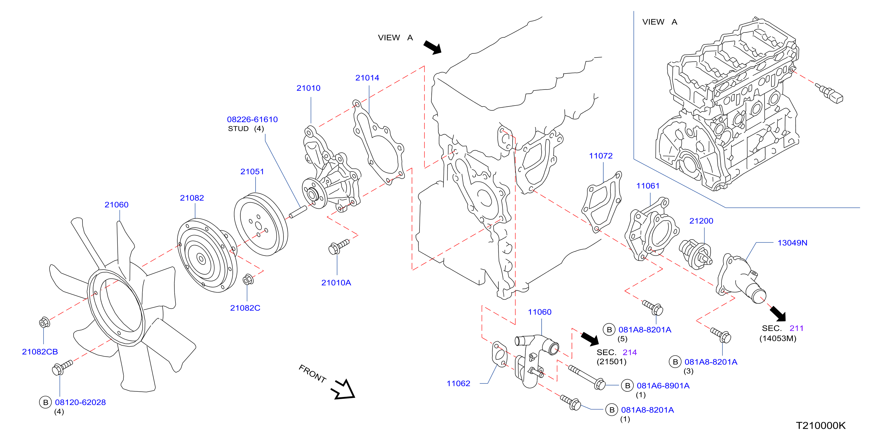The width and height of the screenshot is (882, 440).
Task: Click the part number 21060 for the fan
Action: tap(117, 205)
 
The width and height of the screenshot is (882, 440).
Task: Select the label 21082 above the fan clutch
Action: tap(192, 198)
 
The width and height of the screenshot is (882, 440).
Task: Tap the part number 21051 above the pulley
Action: tap(252, 172)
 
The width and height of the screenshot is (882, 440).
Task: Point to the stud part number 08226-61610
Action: tap(252, 119)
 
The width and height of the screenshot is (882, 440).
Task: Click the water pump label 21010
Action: tap(309, 88)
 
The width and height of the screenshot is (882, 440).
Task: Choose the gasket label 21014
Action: tap(367, 78)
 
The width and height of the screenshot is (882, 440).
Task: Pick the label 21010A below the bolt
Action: tap(336, 283)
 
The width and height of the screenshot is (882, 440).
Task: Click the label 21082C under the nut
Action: tap(245, 308)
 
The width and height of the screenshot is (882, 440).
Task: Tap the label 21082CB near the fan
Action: tap(40, 352)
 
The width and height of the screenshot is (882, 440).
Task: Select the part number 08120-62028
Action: tap(80, 402)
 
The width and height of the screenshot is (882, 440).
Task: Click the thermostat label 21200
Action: tap(701, 221)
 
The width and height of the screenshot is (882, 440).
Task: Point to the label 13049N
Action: tap(792, 243)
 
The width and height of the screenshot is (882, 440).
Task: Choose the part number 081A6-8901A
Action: tap(663, 385)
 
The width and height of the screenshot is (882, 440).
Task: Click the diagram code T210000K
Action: tap(821, 425)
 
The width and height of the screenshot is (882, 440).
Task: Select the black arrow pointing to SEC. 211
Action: tap(778, 314)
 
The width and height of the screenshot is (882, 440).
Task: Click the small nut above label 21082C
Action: tap(248, 280)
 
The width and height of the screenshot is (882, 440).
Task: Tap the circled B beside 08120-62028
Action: tap(46, 402)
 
